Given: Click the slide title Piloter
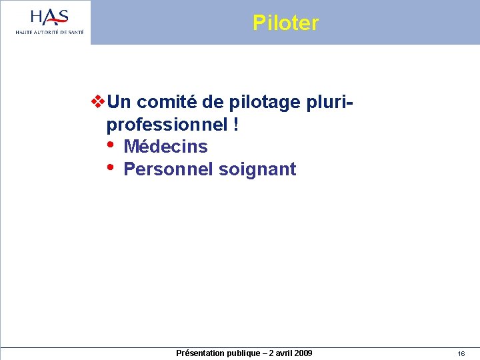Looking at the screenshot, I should pyautogui.click(x=285, y=23).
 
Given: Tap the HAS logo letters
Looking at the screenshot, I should pyautogui.click(x=49, y=17).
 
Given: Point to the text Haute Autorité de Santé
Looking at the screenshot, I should pyautogui.click(x=50, y=31).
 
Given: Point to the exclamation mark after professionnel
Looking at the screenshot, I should pyautogui.click(x=237, y=125).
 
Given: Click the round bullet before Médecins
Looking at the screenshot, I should pyautogui.click(x=110, y=145).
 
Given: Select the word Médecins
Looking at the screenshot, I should pyautogui.click(x=165, y=147).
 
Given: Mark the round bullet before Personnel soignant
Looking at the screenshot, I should pyautogui.click(x=110, y=167).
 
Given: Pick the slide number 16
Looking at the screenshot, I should pyautogui.click(x=461, y=353).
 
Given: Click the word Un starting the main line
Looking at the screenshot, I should pyautogui.click(x=119, y=102).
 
